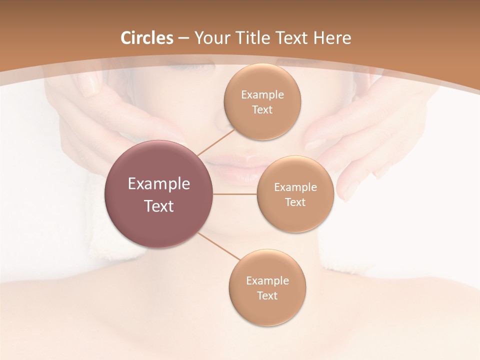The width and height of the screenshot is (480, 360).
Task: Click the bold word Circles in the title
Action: pos(147,38)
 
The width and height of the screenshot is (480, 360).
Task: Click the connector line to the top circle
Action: pos(216,142)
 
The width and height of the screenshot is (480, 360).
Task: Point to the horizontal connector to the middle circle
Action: pos(235,194)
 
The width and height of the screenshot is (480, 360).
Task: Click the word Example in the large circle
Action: pos(158,184)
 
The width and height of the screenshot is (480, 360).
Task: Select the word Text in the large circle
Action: pos(158,206)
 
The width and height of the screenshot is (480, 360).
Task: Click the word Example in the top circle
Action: pos(262,95)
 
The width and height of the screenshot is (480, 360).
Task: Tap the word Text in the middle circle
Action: pos(295,202)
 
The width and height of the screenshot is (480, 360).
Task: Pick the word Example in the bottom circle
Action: pos(267,280)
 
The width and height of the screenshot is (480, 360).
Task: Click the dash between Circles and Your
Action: pos(183,38)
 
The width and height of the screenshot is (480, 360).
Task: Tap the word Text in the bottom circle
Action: pos(267,295)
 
